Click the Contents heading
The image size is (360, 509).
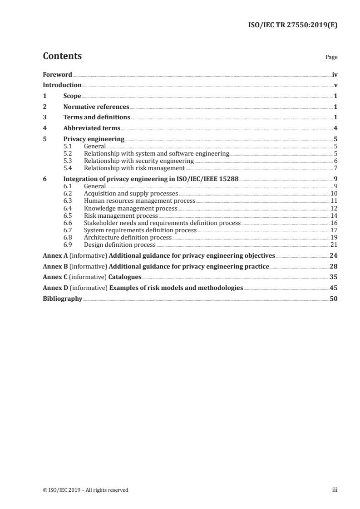pos(62,56)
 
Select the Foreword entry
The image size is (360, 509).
pos(57,74)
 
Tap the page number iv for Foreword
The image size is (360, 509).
pos(334,74)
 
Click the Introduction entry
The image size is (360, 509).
pos(62,85)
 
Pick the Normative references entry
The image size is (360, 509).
pos(96,107)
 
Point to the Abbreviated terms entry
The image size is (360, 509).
pos(92,128)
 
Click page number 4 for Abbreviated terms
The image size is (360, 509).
pos(335,128)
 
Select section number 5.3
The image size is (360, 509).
pos(68,161)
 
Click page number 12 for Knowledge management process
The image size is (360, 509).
pos(334,208)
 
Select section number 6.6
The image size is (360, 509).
pos(68,223)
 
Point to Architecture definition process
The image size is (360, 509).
pos(128,237)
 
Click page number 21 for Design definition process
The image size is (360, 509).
pos(334,245)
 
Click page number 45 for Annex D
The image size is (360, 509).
pos(333,288)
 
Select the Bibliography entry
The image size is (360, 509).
pos(62,299)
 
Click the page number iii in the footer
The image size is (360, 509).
pos(335,489)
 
